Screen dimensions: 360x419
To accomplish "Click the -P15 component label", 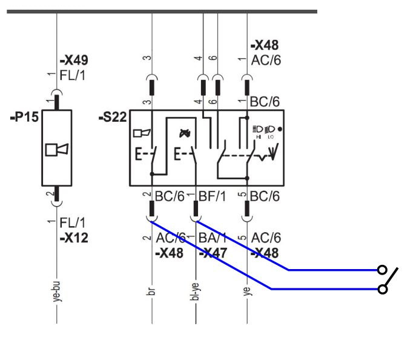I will click(x=23, y=117).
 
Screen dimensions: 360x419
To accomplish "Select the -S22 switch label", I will click(x=113, y=117).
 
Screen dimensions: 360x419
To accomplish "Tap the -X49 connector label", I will click(x=73, y=61).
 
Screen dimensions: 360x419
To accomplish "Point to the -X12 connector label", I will click(x=74, y=238).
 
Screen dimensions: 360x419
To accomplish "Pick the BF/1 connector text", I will click(x=213, y=196).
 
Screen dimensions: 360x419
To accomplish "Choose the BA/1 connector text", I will click(x=212, y=240).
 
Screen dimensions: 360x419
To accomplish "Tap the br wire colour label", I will click(x=151, y=290).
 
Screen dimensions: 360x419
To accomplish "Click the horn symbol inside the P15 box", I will click(x=55, y=148).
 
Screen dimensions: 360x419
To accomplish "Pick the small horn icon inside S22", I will click(x=141, y=133).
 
